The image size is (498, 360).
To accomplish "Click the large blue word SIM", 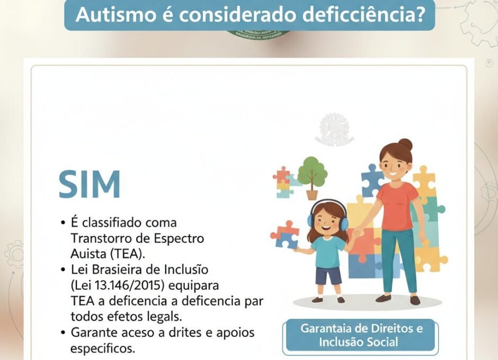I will pos(90,184).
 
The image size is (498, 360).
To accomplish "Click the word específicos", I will pos(103,348).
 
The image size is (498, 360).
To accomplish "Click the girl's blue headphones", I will pos(343,223).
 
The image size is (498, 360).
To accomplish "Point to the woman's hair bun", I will pos(405,144).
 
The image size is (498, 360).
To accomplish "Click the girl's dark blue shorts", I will pos(328,276).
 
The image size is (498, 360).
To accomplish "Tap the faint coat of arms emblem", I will pos(334,128).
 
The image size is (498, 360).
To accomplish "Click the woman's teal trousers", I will pos(397,259).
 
